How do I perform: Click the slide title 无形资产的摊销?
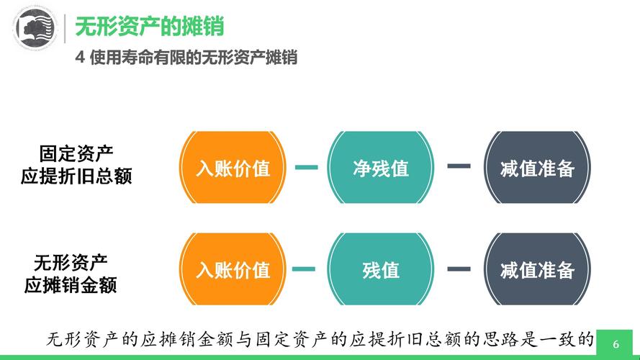[149, 27]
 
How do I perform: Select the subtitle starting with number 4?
[186, 58]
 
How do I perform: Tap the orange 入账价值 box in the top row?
[233, 168]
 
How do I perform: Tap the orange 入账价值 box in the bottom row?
[233, 270]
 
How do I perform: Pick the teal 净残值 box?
[381, 168]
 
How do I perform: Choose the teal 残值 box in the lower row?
[381, 270]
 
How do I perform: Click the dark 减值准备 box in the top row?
[537, 168]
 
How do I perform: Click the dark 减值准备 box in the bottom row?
[537, 270]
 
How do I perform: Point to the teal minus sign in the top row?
[306, 168]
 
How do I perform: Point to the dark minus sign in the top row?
[459, 166]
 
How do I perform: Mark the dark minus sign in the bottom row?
[459, 269]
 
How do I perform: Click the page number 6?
[616, 343]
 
